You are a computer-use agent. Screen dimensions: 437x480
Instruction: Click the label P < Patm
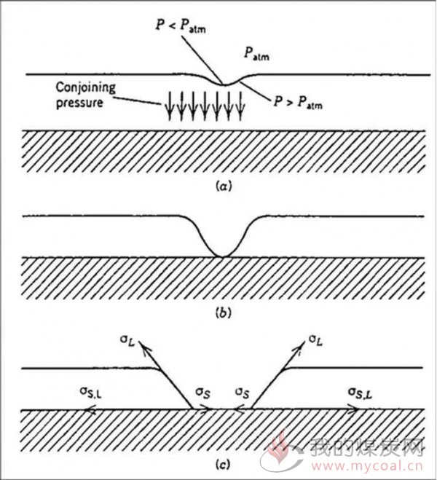pyautogui.click(x=180, y=25)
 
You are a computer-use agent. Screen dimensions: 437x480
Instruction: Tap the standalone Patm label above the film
pyautogui.click(x=256, y=54)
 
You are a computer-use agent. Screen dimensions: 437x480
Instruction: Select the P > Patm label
pyautogui.click(x=298, y=103)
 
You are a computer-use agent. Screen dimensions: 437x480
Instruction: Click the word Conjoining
pyautogui.click(x=86, y=88)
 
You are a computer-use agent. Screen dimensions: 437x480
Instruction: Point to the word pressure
pyautogui.click(x=79, y=103)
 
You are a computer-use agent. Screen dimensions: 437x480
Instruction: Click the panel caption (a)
pyautogui.click(x=224, y=186)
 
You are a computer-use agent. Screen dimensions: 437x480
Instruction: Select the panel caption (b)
pyautogui.click(x=224, y=313)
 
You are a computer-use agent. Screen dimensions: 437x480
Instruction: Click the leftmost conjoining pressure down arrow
pyautogui.click(x=170, y=106)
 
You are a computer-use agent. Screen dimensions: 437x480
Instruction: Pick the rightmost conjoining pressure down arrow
pyautogui.click(x=241, y=106)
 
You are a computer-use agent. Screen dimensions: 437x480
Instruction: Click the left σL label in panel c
pyautogui.click(x=127, y=342)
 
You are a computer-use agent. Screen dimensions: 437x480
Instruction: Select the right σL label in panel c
pyautogui.click(x=315, y=340)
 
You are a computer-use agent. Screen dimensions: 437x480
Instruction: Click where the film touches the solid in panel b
pyautogui.click(x=223, y=256)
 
